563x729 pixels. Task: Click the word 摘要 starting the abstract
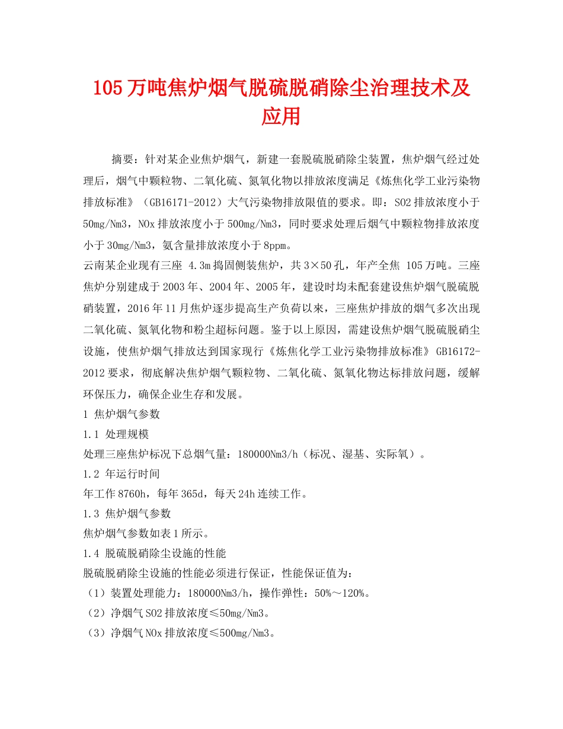(123, 160)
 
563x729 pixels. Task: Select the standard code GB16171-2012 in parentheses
(181, 202)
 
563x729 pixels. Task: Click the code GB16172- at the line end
(458, 351)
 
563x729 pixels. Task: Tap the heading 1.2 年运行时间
(121, 474)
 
